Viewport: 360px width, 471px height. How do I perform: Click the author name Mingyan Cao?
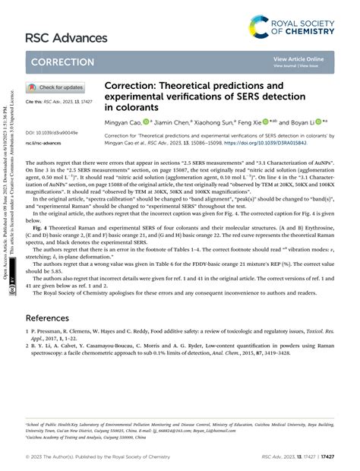(x=125, y=121)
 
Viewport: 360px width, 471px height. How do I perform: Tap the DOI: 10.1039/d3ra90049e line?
(x=52, y=132)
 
